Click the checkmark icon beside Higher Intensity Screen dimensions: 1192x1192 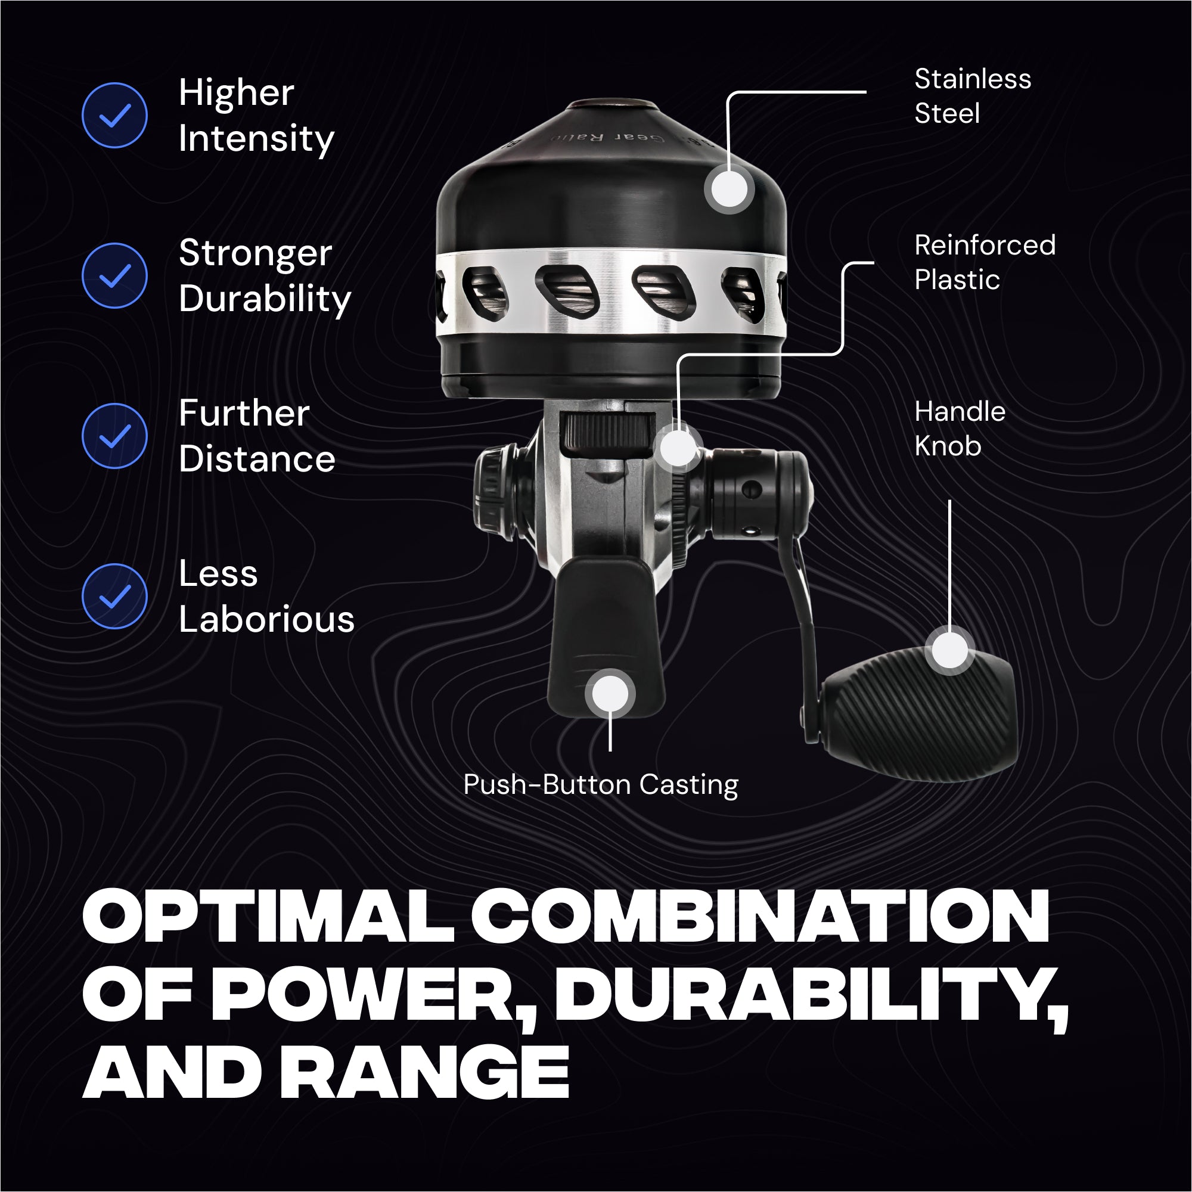tap(115, 116)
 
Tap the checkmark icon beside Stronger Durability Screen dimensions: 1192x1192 tap(115, 276)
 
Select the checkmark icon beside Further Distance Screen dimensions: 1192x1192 tap(115, 436)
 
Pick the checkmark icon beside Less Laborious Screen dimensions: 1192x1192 tap(115, 597)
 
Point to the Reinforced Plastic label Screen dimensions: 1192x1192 tap(985, 262)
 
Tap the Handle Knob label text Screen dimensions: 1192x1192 tap(960, 429)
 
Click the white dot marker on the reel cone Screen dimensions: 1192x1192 tap(730, 190)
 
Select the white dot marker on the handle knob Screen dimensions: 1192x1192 tap(950, 650)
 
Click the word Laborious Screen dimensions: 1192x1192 tap(266, 619)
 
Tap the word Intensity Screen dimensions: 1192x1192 tap(257, 139)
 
